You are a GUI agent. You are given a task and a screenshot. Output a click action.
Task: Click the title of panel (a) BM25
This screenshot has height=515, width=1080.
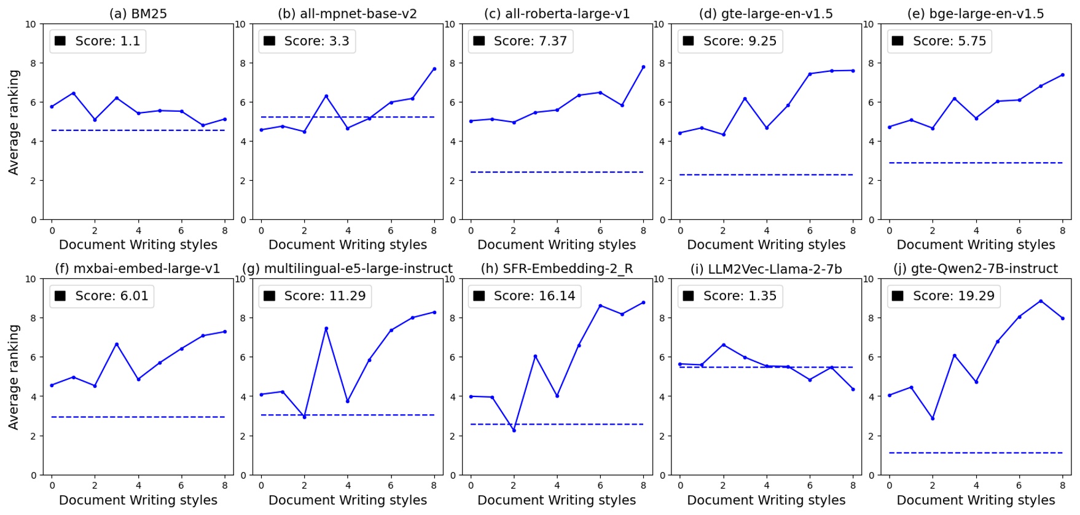138,14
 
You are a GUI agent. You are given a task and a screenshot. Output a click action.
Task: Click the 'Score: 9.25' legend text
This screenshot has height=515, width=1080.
740,41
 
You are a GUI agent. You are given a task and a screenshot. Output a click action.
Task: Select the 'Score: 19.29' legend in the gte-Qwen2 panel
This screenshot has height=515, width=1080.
953,296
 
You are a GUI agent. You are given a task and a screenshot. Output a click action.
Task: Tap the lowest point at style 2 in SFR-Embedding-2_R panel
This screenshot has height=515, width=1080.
514,430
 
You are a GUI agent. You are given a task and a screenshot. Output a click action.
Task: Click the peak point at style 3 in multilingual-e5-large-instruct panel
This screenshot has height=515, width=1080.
326,329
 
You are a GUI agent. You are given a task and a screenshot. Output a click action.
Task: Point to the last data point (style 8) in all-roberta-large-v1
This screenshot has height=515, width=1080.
643,67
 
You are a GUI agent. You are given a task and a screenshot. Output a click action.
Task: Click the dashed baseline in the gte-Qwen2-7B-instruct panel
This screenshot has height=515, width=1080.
976,453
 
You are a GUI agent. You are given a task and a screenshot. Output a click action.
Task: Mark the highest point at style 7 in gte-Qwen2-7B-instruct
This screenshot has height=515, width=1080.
1041,301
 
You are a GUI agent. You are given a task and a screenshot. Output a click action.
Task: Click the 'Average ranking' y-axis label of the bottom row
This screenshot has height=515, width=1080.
14,377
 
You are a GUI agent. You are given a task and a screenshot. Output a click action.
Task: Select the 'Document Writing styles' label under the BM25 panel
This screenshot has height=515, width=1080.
138,245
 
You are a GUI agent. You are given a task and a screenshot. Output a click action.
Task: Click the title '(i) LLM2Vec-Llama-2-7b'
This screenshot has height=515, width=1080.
765,269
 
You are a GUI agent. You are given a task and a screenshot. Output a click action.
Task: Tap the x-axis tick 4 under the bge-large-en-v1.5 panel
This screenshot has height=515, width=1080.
976,230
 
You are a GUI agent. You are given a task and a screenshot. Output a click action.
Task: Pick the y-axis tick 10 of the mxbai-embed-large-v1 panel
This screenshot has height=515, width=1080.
31,279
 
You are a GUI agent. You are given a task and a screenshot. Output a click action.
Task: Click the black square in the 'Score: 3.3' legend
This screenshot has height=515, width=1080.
269,41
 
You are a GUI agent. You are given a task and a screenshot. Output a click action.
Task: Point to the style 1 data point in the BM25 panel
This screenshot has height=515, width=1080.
74,93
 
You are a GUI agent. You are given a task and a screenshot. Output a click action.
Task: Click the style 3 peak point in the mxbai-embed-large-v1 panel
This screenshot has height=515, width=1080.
117,344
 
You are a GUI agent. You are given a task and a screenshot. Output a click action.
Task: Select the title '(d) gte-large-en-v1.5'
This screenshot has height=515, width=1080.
765,14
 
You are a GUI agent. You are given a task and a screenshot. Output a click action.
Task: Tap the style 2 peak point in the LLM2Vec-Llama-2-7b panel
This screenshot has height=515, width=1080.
723,345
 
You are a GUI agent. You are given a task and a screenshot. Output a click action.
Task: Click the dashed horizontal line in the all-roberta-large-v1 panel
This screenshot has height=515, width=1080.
557,172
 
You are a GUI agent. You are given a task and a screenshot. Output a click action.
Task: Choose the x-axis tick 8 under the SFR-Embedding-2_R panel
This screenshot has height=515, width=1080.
643,486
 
